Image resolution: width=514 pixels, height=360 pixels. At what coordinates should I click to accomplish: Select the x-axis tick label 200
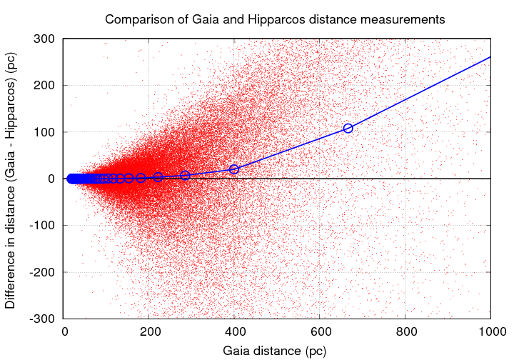click(x=150, y=332)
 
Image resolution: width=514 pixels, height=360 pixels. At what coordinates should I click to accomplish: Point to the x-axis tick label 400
click(x=235, y=332)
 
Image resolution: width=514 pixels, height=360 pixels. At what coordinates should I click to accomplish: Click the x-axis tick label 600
click(x=320, y=332)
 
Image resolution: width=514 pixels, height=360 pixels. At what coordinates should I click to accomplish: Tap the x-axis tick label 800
click(x=405, y=332)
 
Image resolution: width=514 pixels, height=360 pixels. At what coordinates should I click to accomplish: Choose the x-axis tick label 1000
click(x=490, y=332)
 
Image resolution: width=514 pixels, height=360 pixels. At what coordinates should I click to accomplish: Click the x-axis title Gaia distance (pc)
click(x=276, y=351)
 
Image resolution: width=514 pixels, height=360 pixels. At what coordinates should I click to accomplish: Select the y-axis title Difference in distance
click(x=11, y=179)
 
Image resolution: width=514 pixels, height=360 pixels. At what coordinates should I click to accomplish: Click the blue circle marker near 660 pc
click(x=348, y=128)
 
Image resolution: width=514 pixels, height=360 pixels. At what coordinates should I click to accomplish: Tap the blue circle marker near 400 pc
click(x=234, y=169)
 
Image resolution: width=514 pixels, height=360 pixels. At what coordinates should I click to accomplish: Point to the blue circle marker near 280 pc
click(x=185, y=175)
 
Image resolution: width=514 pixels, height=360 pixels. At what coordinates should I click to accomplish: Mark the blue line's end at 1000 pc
click(x=490, y=56)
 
